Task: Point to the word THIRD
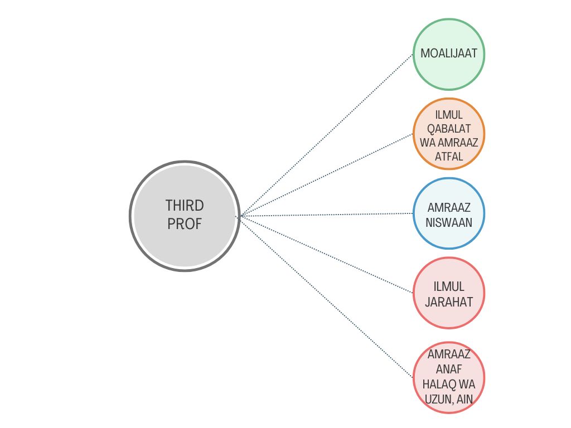click(185, 206)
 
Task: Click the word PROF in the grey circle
click(185, 225)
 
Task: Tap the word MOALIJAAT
click(449, 54)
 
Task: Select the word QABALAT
click(449, 128)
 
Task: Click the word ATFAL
click(449, 157)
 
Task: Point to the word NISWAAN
click(449, 222)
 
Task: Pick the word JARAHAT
click(449, 302)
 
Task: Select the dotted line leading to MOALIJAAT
click(326, 135)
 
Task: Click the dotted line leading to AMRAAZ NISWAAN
click(326, 215)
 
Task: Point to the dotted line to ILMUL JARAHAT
click(326, 254)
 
